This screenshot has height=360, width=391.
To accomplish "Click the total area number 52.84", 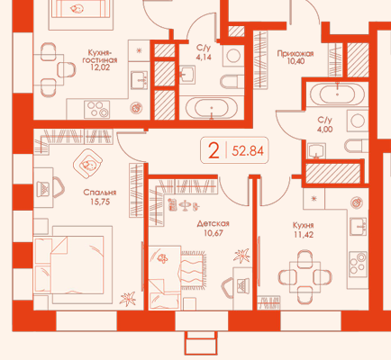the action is [x=248, y=151].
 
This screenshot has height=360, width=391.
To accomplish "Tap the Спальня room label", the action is [x=100, y=193].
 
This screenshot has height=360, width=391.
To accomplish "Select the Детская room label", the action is [x=214, y=223].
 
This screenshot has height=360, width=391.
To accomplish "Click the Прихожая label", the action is [x=296, y=54].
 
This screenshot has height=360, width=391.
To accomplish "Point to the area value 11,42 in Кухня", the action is [x=304, y=235].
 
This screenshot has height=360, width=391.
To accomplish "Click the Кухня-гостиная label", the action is [x=100, y=57].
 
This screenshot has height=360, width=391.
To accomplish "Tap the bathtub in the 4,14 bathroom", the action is [x=212, y=108].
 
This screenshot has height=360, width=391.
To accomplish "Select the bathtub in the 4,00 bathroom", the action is [x=337, y=94].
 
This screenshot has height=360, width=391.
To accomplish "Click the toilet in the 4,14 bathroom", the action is [x=232, y=81].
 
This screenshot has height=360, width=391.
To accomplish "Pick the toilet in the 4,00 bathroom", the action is [x=356, y=147].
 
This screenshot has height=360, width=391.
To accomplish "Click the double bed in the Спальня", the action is [x=73, y=265].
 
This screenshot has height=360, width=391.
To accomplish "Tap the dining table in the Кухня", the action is [x=305, y=277].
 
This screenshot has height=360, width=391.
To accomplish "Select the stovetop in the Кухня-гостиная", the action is [x=96, y=110].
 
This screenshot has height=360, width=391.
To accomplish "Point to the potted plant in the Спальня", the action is [x=128, y=299].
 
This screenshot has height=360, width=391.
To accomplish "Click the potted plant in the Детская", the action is [x=241, y=255].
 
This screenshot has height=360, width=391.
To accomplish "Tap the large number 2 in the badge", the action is [x=214, y=150].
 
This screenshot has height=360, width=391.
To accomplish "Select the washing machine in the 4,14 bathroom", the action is [x=233, y=56].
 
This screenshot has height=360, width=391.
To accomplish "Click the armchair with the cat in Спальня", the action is [x=87, y=164].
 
